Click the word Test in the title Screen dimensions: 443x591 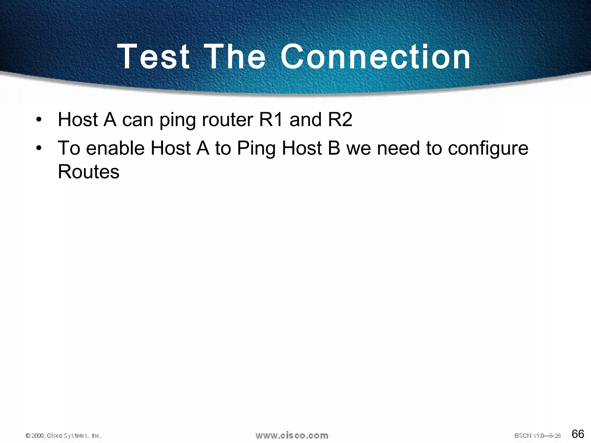click(x=154, y=57)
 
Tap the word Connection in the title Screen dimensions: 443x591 click(x=375, y=57)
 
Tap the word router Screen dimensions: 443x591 click(x=227, y=119)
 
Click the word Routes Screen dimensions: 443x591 click(x=89, y=172)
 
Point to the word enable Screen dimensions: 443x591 click(x=115, y=148)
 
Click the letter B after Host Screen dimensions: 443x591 click(x=334, y=148)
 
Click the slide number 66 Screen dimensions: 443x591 click(x=577, y=434)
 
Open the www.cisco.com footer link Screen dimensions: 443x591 click(x=292, y=435)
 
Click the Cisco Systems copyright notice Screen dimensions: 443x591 click(x=63, y=436)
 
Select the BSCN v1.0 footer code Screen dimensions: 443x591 click(x=537, y=436)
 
